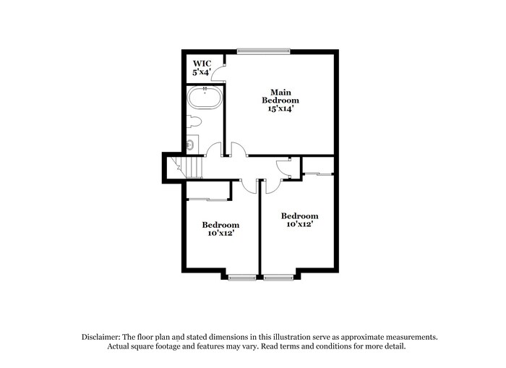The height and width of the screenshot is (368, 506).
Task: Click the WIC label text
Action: click(x=201, y=64)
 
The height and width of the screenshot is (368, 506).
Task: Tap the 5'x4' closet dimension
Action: click(x=201, y=72)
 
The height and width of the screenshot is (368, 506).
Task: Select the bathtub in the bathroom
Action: click(x=205, y=98)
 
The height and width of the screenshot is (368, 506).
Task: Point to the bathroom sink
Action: click(x=191, y=143)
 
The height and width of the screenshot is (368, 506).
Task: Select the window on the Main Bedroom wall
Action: click(x=263, y=51)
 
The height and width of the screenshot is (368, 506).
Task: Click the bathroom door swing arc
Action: click(x=213, y=150)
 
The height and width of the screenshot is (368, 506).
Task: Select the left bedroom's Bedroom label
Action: click(x=220, y=225)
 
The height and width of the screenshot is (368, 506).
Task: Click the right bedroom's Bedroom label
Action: click(x=299, y=216)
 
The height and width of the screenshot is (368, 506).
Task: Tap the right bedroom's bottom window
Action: click(x=278, y=275)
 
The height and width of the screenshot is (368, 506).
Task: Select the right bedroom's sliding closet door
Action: click(x=317, y=174)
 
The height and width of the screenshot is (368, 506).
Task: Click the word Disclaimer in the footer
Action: click(x=99, y=337)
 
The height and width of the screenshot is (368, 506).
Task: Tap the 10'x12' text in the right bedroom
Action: click(x=299, y=224)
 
